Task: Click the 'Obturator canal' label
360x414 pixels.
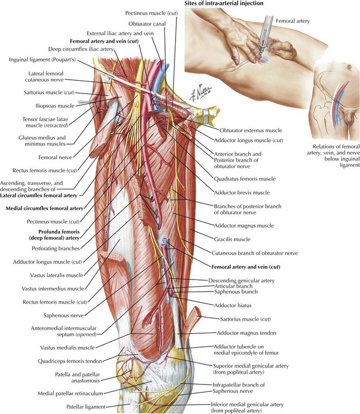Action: pyautogui.click(x=147, y=24)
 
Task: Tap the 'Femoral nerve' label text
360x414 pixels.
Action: pyautogui.click(x=55, y=158)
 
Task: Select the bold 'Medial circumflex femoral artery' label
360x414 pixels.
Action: pyautogui.click(x=45, y=208)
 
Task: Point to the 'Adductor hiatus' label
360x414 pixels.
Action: pyautogui.click(x=233, y=306)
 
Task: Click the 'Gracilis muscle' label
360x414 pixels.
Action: pyautogui.click(x=232, y=240)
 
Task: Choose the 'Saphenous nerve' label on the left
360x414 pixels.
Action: pyautogui.click(x=64, y=315)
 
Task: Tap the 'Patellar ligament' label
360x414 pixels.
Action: pyautogui.click(x=86, y=407)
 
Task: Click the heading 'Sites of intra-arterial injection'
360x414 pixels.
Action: pyautogui.click(x=224, y=3)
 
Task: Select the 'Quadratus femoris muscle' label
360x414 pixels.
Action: pyautogui.click(x=245, y=179)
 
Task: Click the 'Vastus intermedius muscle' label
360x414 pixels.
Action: pyautogui.click(x=53, y=288)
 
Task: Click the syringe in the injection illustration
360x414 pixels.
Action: pyautogui.click(x=264, y=36)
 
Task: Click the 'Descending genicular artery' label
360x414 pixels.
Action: pyautogui.click(x=241, y=281)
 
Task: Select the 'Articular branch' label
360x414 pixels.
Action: pyautogui.click(x=233, y=286)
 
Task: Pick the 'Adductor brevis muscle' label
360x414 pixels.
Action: pyautogui.click(x=241, y=193)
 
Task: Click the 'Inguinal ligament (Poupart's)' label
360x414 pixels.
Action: pyautogui.click(x=42, y=60)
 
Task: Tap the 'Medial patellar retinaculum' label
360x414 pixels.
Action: pyautogui.click(x=70, y=394)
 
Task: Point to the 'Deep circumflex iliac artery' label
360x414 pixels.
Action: pyautogui.click(x=81, y=49)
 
